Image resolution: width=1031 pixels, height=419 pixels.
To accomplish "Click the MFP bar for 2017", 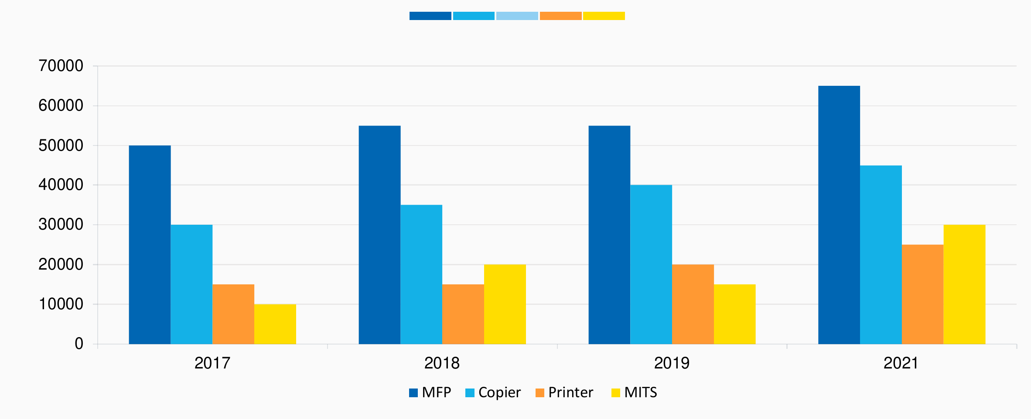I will (x=150, y=245).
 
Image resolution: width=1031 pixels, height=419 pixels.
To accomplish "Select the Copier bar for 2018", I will (x=421, y=274).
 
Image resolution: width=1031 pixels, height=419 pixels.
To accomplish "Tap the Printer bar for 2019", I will (x=693, y=304).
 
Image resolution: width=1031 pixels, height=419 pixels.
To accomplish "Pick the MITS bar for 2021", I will (x=964, y=284).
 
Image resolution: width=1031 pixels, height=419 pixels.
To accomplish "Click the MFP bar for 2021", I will (x=839, y=215).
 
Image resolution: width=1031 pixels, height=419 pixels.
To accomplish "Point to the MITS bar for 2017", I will (x=275, y=324).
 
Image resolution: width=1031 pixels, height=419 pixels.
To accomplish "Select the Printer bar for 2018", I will (x=463, y=314).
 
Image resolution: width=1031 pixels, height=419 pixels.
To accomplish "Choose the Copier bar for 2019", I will (x=651, y=264).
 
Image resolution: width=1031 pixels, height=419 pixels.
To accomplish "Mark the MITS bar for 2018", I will (x=505, y=304).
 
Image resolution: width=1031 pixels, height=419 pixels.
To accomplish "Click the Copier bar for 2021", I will (x=881, y=255).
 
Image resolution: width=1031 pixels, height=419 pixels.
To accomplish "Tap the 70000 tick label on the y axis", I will (x=61, y=66).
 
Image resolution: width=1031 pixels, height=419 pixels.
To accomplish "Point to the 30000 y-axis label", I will (x=61, y=225).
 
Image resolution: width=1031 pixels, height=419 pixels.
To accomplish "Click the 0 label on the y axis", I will (x=79, y=344).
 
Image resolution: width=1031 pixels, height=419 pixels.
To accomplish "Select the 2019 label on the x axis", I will (x=672, y=363).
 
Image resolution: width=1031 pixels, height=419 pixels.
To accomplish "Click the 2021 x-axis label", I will (x=901, y=363).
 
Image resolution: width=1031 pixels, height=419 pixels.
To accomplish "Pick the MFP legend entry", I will (x=430, y=392).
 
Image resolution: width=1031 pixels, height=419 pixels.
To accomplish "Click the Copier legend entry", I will (x=493, y=392).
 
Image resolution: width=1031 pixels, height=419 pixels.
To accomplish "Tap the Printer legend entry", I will (x=565, y=392).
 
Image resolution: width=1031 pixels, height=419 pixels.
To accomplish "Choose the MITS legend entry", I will (x=635, y=392).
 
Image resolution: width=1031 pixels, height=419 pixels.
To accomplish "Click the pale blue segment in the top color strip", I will (x=517, y=16).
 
